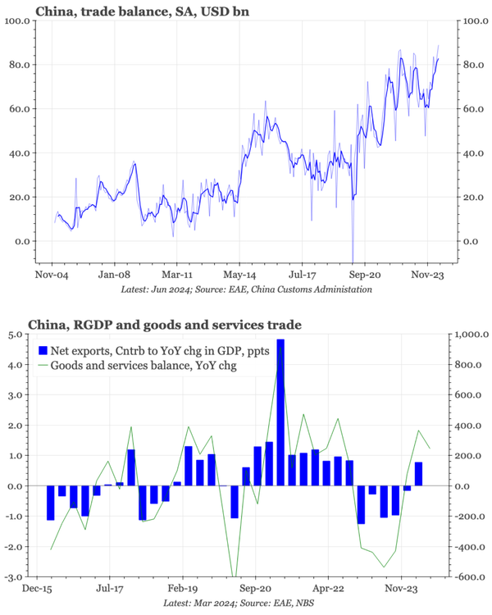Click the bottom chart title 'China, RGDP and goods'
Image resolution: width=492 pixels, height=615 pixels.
[165, 326]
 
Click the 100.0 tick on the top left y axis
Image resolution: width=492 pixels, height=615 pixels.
[17, 20]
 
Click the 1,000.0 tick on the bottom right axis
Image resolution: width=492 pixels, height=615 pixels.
[471, 335]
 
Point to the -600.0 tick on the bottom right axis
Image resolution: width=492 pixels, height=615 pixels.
[470, 576]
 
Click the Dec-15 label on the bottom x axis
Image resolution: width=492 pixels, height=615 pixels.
[38, 588]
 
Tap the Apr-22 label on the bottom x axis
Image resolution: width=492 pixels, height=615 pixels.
[327, 588]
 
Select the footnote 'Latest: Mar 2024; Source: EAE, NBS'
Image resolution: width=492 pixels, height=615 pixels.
[245, 603]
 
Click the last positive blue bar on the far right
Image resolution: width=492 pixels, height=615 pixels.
[418, 474]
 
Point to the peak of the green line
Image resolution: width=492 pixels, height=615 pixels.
[282, 348]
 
